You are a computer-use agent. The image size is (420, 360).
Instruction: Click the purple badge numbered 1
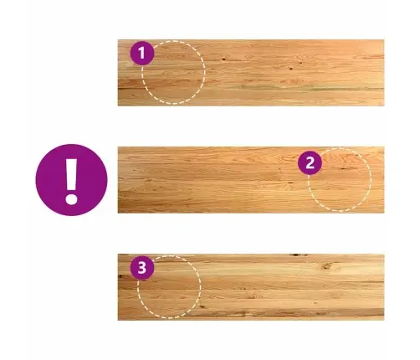142,53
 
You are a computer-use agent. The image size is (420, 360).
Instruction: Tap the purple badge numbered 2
310,163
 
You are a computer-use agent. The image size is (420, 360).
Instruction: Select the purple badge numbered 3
142,268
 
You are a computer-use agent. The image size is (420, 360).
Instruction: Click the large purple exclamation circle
71,180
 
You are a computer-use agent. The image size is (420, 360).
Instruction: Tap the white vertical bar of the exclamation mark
71,175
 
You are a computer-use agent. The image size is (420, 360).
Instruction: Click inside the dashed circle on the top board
173,73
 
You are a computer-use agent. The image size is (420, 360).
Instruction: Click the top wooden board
251,73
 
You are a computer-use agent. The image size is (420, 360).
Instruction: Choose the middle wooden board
251,180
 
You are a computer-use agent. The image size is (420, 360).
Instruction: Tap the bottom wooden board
251,287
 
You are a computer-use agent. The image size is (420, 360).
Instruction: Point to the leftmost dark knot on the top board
223,59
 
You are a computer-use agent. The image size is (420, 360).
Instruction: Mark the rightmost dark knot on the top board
300,63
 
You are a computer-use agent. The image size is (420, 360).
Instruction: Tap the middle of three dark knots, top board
291,68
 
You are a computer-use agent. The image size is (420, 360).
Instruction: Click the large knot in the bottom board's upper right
327,266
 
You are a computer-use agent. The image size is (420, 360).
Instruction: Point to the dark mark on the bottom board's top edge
298,255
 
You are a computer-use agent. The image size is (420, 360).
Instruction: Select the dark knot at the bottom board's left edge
120,276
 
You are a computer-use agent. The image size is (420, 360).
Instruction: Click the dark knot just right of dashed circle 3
202,306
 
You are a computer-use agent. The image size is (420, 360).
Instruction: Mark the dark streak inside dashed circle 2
344,168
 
